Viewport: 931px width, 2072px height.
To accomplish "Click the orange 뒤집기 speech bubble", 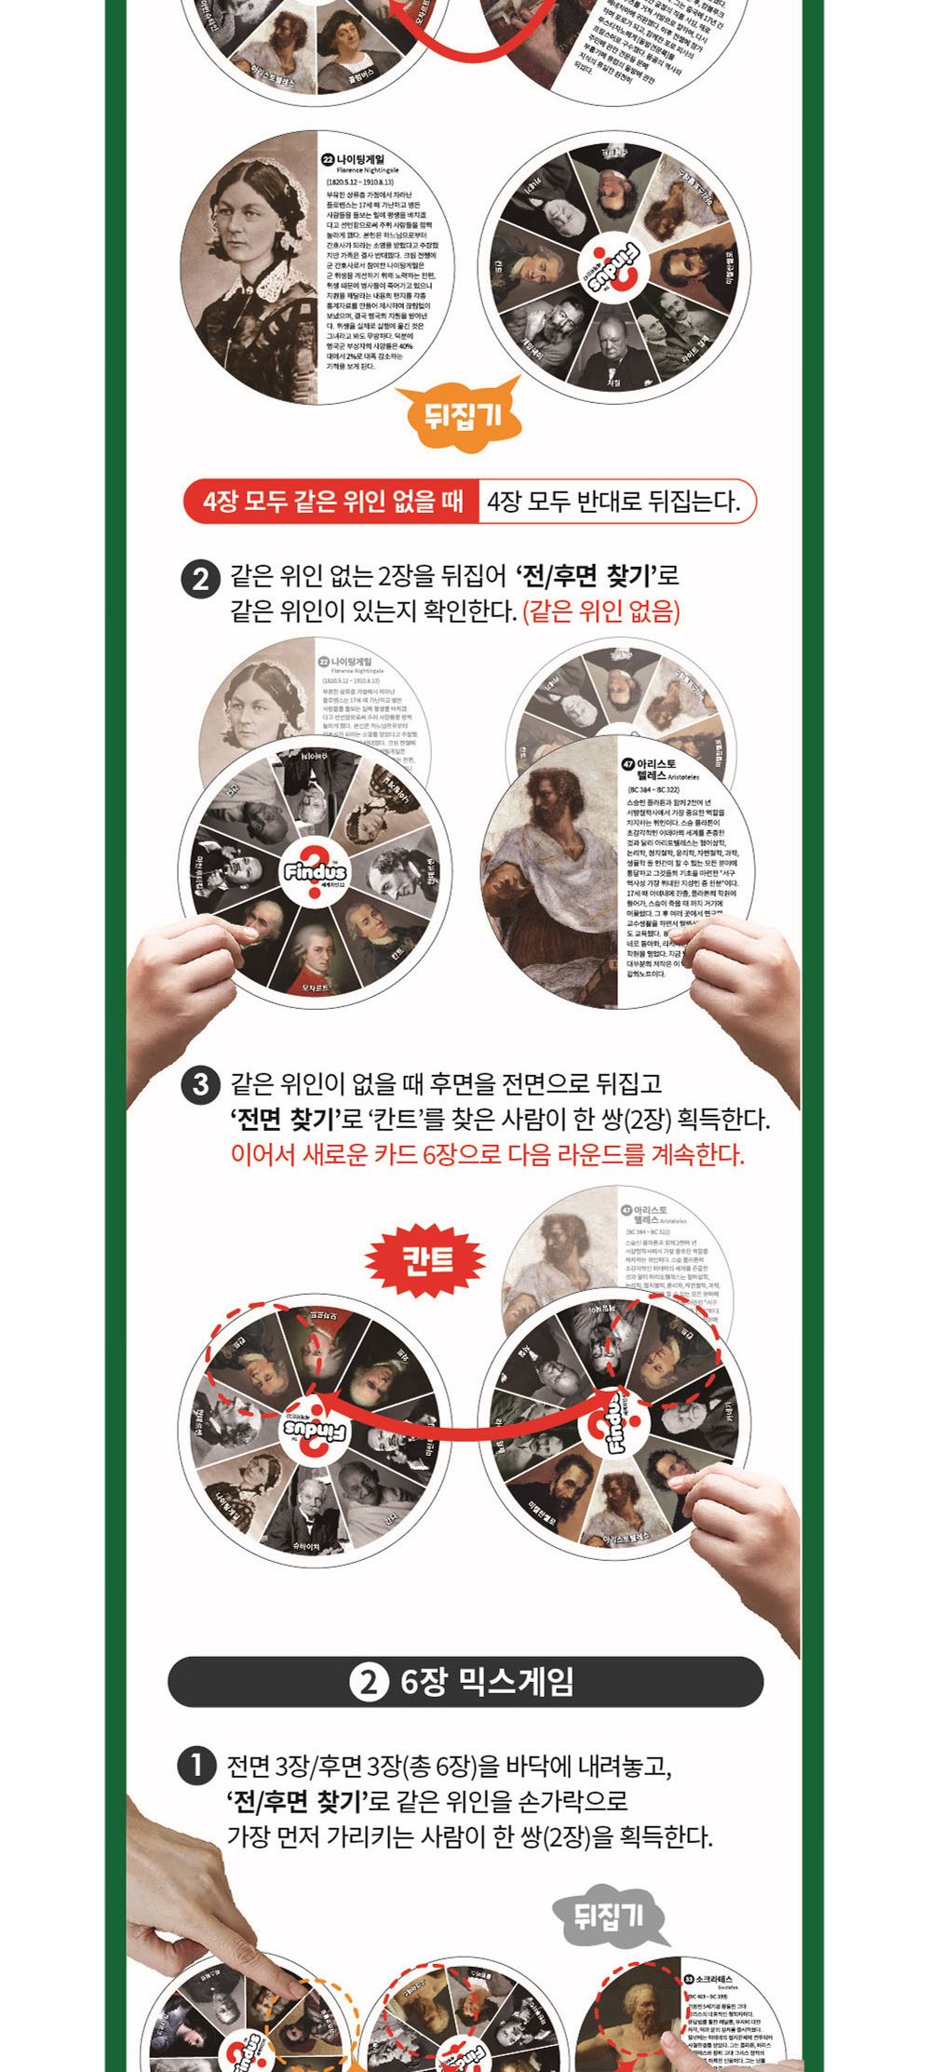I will [462, 413].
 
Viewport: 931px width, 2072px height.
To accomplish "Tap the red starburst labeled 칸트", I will [426, 1260].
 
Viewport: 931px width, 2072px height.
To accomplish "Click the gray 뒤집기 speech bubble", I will [610, 1915].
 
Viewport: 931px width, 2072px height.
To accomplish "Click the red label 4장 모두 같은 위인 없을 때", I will [333, 503].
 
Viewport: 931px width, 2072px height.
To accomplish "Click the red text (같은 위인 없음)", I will [601, 612].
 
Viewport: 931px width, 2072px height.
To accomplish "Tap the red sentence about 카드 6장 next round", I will [487, 1154].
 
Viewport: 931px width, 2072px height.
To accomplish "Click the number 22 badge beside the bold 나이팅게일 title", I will [328, 160].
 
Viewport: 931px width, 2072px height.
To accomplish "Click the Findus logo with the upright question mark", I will [316, 873].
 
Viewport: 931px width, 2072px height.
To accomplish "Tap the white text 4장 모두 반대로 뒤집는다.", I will [614, 503].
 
